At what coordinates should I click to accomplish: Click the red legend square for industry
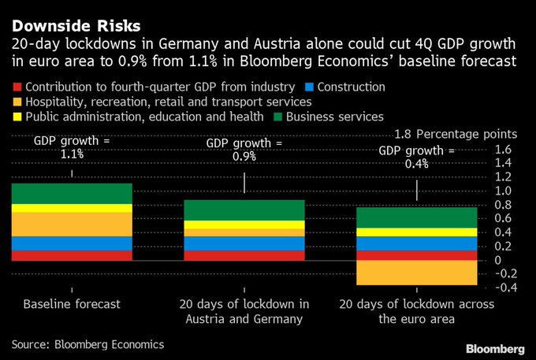click(17, 87)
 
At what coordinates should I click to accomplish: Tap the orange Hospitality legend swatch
click(17, 102)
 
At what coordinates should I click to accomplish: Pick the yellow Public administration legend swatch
click(17, 117)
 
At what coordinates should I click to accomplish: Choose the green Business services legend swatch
click(277, 117)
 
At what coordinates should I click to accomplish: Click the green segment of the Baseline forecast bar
click(72, 193)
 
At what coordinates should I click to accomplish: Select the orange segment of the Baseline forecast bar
click(72, 224)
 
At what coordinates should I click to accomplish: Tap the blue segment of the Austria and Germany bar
click(244, 243)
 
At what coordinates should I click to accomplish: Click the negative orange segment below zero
click(417, 273)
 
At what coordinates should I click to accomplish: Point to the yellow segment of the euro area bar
click(417, 232)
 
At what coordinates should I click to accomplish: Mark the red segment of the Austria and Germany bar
click(244, 255)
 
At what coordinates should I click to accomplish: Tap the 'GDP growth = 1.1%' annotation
click(72, 147)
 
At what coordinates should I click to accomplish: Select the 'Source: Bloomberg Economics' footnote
click(87, 344)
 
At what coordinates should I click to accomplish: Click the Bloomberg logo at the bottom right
click(495, 347)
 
